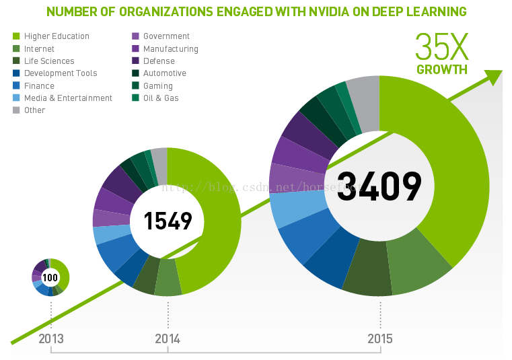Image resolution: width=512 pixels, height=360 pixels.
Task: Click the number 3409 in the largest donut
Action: [x=379, y=186]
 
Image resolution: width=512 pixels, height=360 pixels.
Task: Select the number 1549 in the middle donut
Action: [x=168, y=221]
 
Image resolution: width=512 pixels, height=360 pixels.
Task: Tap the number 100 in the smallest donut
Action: [x=50, y=277]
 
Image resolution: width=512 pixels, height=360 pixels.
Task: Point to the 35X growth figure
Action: [x=441, y=46]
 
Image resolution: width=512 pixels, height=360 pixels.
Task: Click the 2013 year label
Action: [x=51, y=338]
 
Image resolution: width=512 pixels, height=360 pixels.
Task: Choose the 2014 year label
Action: [x=168, y=338]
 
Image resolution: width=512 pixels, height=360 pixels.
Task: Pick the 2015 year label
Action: [x=380, y=338]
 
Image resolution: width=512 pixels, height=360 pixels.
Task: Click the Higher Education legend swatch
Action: [x=16, y=36]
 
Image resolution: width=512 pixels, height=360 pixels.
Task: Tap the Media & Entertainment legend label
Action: [x=68, y=98]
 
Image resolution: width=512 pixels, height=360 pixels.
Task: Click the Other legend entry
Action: [x=34, y=110]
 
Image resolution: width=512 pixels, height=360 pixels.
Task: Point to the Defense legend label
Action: [x=159, y=61]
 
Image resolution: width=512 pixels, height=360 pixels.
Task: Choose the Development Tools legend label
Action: [x=61, y=73]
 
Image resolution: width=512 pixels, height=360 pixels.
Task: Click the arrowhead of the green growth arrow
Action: [x=494, y=76]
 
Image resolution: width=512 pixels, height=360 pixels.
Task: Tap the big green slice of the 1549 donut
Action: [x=215, y=222]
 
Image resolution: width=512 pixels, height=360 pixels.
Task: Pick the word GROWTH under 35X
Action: [x=441, y=69]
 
